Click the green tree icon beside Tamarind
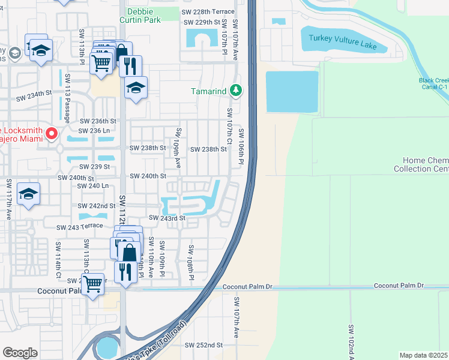pos(237,91)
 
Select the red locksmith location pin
pos(52,133)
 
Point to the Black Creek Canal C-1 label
pos(433,83)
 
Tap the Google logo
pos(20,352)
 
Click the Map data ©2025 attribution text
pos(424,355)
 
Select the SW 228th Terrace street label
pos(208,11)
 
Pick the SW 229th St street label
pos(202,22)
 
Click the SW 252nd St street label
pos(203,346)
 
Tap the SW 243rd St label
pos(167,218)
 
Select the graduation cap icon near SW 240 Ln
pos(28,194)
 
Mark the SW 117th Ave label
pos(9,199)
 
